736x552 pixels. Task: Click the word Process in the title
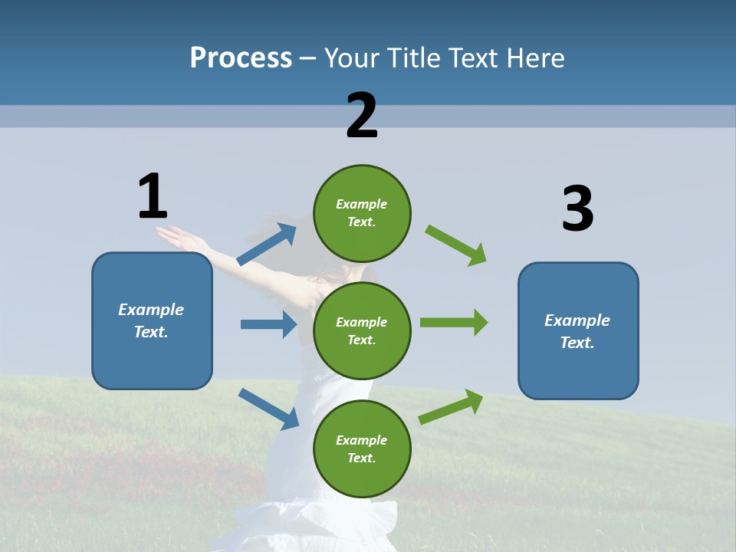click(241, 58)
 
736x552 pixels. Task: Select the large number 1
click(153, 197)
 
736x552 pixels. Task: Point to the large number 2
click(362, 116)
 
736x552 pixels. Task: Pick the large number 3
click(577, 209)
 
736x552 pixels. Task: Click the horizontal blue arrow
click(268, 324)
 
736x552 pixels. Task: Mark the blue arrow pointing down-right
click(269, 409)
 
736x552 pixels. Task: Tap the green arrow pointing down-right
click(455, 245)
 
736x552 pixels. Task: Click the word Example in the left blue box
click(151, 310)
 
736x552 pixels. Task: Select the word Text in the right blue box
click(577, 343)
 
